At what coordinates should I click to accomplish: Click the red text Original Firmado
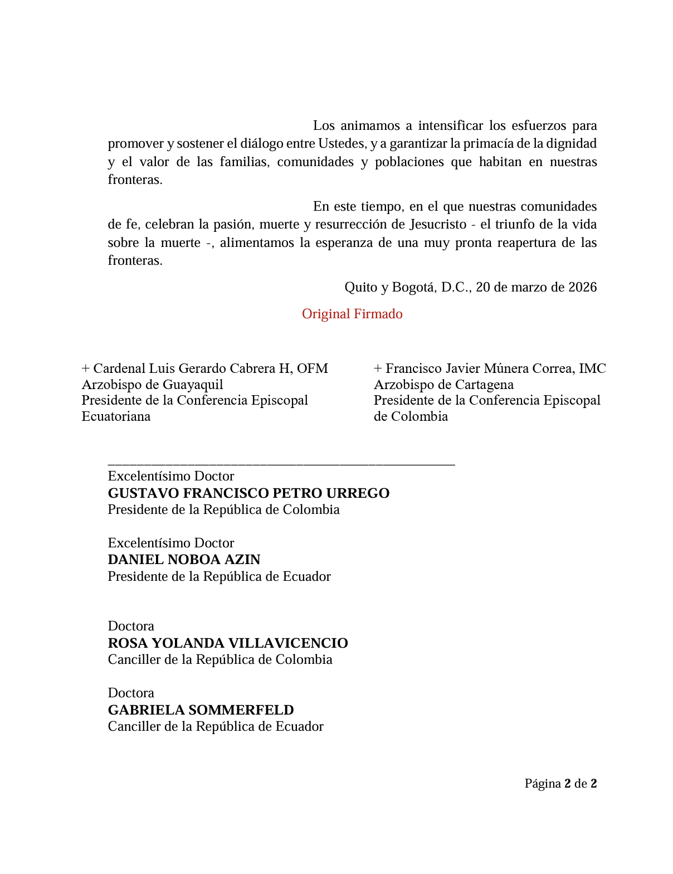[352, 314]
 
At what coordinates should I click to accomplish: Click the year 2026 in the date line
[582, 287]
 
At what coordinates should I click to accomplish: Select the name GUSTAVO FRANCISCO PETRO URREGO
[248, 493]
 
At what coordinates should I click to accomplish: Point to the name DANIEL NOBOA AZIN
[184, 560]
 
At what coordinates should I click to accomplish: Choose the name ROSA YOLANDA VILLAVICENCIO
[228, 643]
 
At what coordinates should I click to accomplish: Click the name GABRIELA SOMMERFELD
[201, 710]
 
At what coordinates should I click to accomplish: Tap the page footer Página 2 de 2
[560, 784]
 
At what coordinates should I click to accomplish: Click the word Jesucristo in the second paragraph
[438, 225]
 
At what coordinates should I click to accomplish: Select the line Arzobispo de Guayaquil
[152, 385]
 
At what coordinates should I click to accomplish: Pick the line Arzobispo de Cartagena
[443, 385]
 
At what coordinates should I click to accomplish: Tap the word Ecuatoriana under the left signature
[116, 417]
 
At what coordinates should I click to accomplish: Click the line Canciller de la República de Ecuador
[216, 726]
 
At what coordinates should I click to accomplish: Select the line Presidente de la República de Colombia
[223, 509]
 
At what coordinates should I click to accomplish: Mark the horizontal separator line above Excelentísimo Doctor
[281, 464]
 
